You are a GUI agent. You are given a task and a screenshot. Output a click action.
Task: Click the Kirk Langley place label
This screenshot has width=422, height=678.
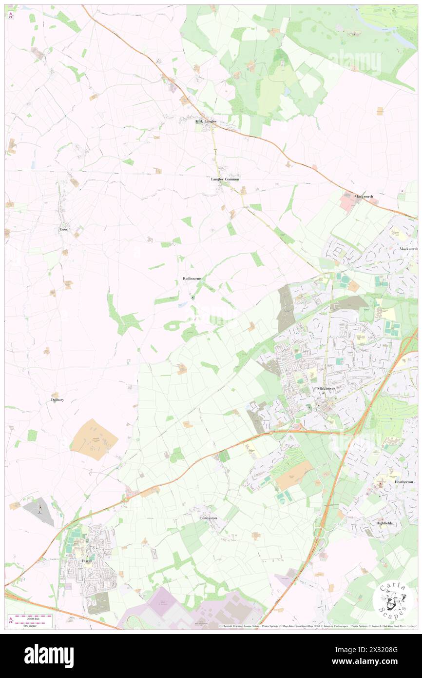pos(205,121)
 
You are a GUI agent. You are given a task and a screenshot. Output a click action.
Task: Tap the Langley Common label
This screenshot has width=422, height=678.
pos(225,179)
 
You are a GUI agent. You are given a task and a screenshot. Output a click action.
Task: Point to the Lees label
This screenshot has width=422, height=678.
pos(63,229)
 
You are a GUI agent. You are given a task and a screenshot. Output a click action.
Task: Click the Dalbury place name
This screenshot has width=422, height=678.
pos(58,400)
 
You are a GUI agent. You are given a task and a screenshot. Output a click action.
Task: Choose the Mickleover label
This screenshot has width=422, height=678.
pos(326,388)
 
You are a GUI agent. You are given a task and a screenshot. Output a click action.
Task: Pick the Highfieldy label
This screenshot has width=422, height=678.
pos(384,523)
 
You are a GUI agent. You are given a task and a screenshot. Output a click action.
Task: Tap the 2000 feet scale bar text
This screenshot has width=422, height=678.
pos(34,617)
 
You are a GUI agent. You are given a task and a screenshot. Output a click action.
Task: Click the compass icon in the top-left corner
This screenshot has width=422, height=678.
pos(11,14)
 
